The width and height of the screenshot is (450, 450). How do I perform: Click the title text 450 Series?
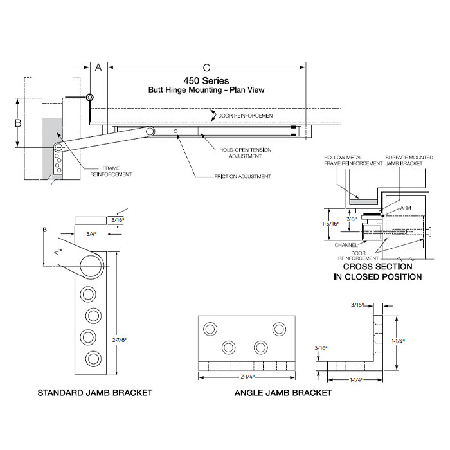point(206,80)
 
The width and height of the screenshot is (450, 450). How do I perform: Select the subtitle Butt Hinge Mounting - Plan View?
point(206,91)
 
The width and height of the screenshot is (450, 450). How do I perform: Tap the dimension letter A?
point(98,67)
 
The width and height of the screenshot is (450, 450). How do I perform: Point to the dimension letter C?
point(206,67)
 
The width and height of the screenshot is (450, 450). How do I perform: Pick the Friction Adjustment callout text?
point(239,175)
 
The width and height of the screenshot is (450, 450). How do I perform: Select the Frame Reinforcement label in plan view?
point(111,171)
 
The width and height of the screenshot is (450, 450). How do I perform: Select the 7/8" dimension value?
point(350,220)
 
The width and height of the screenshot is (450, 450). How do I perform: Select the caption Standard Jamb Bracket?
point(95,393)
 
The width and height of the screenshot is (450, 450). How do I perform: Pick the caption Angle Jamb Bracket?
point(283,393)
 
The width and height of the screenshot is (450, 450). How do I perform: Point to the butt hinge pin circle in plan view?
point(90,97)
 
